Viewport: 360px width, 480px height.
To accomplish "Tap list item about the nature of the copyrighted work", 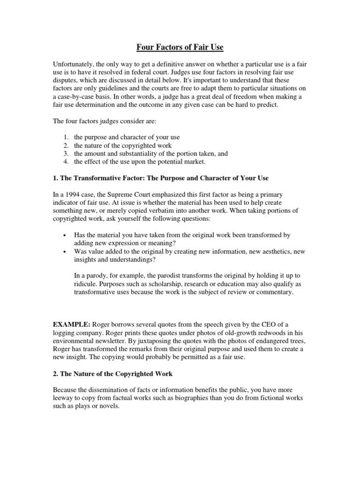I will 123,145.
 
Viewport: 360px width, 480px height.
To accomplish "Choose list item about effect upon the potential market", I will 140,162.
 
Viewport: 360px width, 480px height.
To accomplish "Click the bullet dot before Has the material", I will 63,234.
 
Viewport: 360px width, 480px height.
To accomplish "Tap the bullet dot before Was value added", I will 63,251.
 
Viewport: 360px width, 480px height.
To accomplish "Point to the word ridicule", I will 86,284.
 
